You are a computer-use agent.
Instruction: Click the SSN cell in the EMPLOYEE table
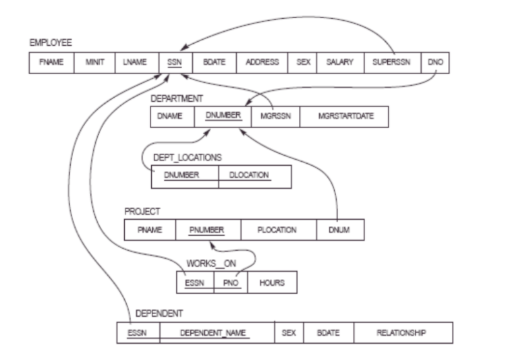pyautogui.click(x=175, y=62)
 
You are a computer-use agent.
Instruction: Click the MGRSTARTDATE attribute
pyautogui.click(x=344, y=116)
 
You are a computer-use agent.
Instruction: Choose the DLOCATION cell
pyautogui.click(x=255, y=176)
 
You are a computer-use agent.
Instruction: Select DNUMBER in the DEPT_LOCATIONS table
pyautogui.click(x=185, y=176)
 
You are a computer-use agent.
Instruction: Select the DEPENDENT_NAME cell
pyautogui.click(x=217, y=333)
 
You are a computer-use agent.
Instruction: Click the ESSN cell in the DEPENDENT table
pyautogui.click(x=138, y=333)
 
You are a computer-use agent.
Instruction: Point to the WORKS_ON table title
pyautogui.click(x=216, y=264)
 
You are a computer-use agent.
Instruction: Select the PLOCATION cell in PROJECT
pyautogui.click(x=279, y=230)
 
